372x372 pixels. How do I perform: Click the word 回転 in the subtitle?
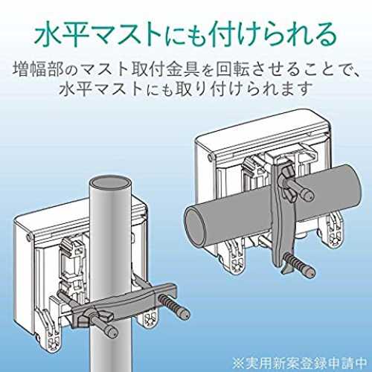click(x=232, y=68)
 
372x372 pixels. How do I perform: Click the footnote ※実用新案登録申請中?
click(x=300, y=364)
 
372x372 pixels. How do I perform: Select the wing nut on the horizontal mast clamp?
click(x=287, y=181)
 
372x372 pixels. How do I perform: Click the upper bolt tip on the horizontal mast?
click(x=308, y=194)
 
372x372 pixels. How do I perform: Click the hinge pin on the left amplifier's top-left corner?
click(x=29, y=237)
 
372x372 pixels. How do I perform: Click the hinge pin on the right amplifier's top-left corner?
click(x=211, y=158)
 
